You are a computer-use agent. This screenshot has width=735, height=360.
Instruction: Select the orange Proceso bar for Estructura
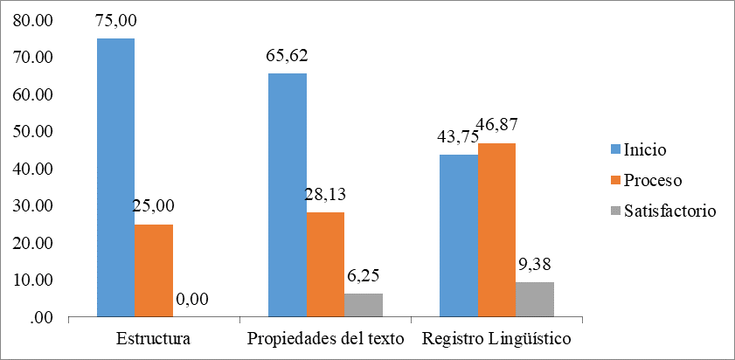153,270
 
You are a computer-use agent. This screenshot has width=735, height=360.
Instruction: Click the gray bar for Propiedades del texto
364,305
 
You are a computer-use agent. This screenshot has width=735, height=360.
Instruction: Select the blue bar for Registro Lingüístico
459,235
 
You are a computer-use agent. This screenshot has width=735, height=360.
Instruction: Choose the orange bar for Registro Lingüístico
496,230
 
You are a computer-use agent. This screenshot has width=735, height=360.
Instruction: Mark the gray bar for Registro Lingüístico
535,299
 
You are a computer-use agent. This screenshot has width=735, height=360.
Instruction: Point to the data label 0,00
191,300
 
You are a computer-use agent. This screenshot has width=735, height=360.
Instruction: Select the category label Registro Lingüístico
496,338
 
